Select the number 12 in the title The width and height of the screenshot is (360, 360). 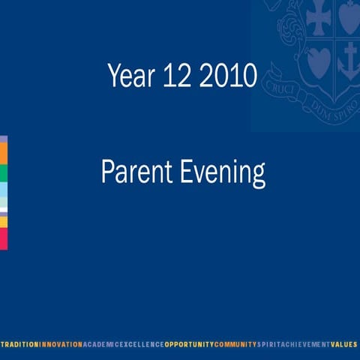point(175,76)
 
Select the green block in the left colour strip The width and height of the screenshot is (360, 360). point(3,172)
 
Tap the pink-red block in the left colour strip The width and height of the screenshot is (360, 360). point(3,238)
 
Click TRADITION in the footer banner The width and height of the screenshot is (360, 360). point(19,343)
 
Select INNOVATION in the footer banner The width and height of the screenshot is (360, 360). point(61,343)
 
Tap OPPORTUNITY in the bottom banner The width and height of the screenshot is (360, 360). point(189,343)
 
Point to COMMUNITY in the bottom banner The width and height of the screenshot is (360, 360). point(235,343)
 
